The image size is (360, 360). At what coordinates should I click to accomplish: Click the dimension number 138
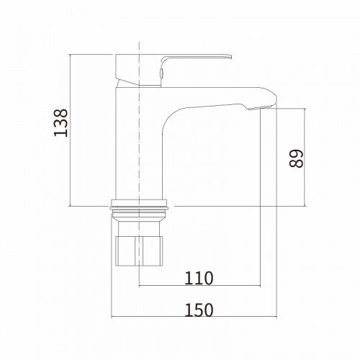point(60,123)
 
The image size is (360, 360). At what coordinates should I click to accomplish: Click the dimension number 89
point(296,159)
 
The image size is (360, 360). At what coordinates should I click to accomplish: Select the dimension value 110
point(199,278)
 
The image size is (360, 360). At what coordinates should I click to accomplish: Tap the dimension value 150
point(199,310)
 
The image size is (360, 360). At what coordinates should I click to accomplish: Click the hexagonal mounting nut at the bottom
point(139,251)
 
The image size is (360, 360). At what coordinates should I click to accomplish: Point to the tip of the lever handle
point(231,57)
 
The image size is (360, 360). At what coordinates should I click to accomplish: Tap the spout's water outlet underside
point(261,108)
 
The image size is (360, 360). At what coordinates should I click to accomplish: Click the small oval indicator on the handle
point(161,72)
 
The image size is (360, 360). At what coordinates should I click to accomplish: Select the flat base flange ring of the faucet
point(139,203)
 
